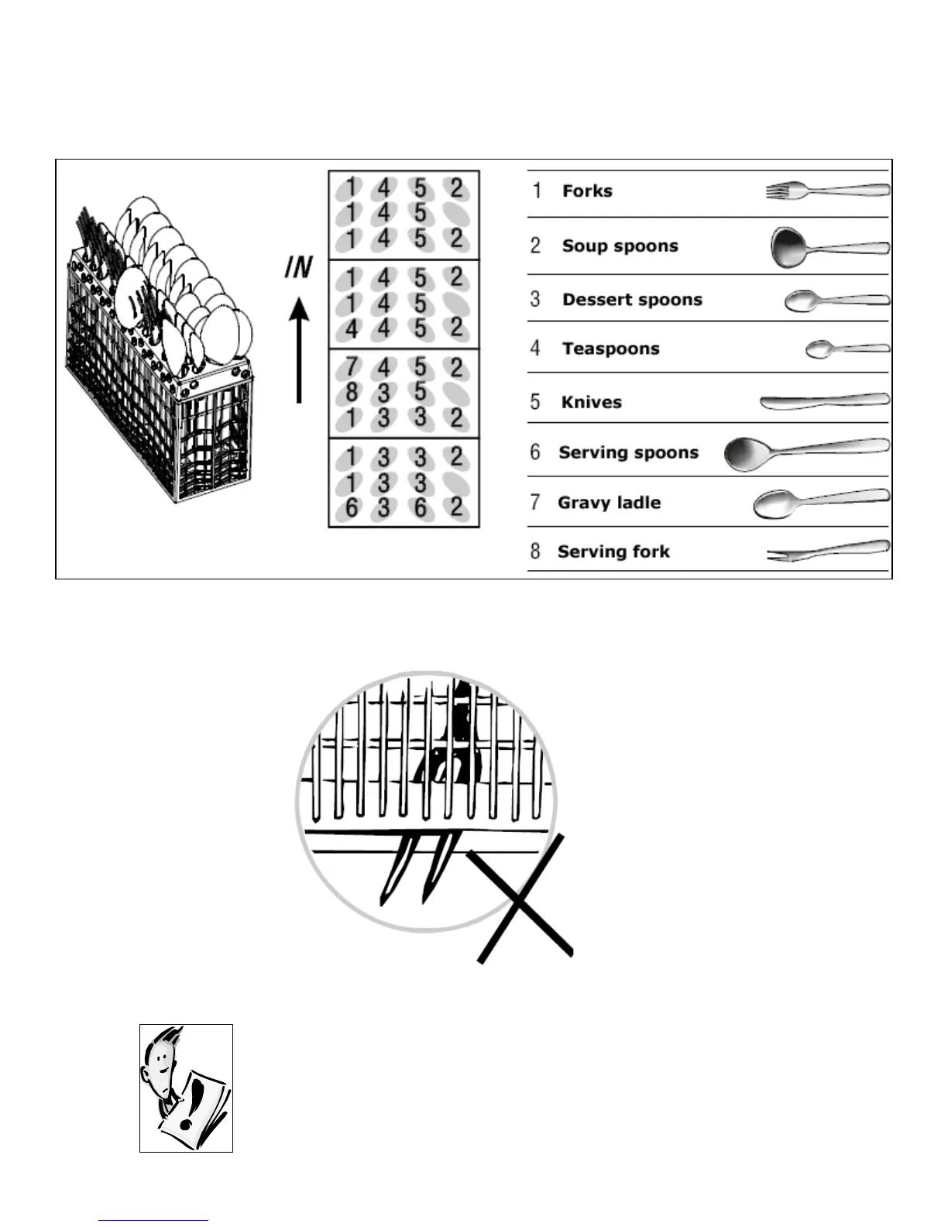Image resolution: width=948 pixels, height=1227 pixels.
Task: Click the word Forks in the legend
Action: [x=587, y=191]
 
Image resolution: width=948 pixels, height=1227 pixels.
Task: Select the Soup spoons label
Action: [x=620, y=246]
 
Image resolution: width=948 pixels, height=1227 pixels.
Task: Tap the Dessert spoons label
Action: [x=632, y=300]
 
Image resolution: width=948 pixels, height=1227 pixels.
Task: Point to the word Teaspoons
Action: [x=610, y=349]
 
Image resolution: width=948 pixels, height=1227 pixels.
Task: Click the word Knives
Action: [x=591, y=402]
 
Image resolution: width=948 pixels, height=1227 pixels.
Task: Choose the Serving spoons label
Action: [x=628, y=452]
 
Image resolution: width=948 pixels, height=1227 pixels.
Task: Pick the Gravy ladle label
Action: [x=609, y=503]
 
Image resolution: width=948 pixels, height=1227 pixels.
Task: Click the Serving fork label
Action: [x=613, y=552]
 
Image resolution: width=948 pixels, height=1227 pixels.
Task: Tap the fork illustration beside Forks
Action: [x=827, y=191]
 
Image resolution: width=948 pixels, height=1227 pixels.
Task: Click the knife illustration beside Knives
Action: [x=824, y=401]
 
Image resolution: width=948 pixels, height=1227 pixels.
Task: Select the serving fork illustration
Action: [x=827, y=551]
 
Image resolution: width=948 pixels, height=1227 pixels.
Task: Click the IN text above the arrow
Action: [x=297, y=268]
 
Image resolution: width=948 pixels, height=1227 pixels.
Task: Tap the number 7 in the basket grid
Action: [x=352, y=366]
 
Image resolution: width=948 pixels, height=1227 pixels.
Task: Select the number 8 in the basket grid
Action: [x=352, y=392]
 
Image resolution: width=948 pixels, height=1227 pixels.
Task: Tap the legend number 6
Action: [x=535, y=452]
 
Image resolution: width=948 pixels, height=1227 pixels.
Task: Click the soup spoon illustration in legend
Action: [x=829, y=247]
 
